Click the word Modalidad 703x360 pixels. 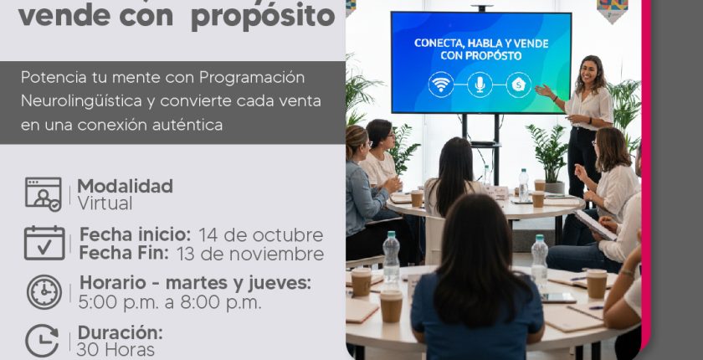point(125,186)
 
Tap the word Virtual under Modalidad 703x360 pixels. point(105,203)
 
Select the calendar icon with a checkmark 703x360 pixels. point(44,243)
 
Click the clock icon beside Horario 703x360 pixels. point(44,292)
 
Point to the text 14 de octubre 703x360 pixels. point(261,235)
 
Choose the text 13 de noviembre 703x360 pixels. point(250,254)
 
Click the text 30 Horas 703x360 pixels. point(115,350)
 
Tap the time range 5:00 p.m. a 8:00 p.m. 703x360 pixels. point(170,302)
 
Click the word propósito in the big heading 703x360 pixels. point(263,17)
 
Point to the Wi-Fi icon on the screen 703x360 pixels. point(441,85)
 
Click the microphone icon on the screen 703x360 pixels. point(480,85)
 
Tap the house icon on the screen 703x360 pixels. point(519,85)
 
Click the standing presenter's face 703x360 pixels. point(588,71)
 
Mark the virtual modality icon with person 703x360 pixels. point(44,194)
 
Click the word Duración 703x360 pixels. point(121,333)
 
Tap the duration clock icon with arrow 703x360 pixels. point(42,340)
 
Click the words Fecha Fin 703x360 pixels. point(124,253)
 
